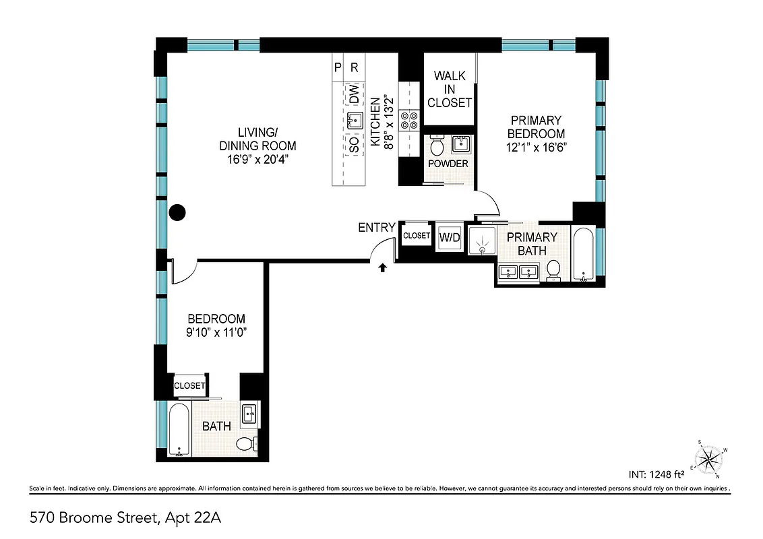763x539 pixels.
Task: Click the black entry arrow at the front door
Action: point(383,267)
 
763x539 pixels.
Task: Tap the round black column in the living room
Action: point(177,214)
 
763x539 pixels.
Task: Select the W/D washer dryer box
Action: point(449,236)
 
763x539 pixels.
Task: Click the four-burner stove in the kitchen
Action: point(409,120)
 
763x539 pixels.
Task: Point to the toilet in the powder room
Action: point(436,145)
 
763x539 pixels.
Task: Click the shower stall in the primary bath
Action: point(482,241)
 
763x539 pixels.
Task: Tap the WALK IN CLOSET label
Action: point(450,90)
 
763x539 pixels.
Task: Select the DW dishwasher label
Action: point(354,94)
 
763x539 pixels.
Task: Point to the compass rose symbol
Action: point(708,460)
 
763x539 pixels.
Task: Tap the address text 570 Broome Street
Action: point(126,518)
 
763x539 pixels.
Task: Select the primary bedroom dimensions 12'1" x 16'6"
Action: point(536,148)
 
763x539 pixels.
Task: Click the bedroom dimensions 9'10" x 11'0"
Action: point(216,331)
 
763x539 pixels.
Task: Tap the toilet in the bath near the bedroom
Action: point(246,443)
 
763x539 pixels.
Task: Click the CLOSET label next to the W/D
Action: point(416,236)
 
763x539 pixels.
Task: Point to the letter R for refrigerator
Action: point(355,67)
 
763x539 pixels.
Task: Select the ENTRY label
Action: point(376,228)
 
